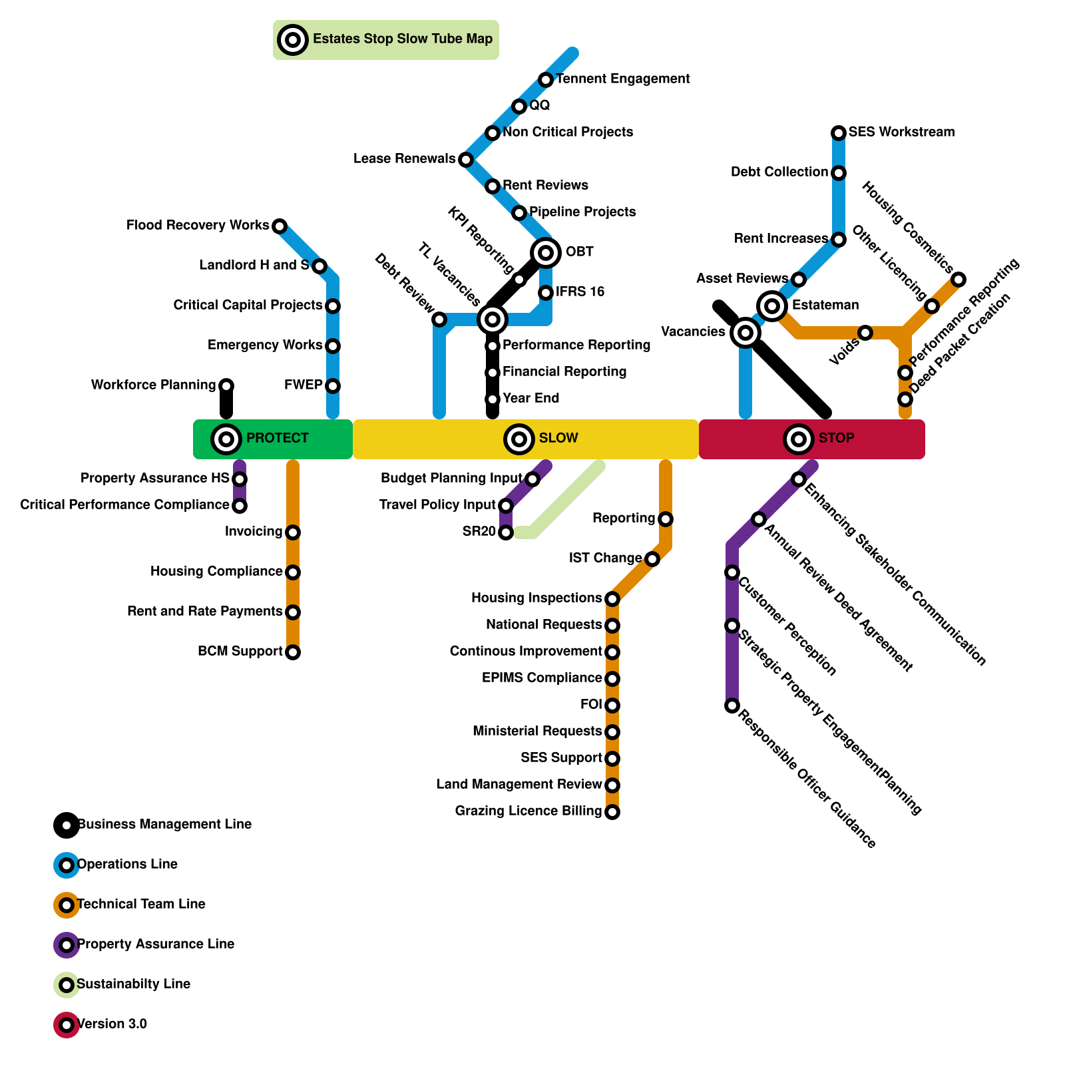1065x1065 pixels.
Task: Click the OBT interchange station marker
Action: tap(546, 252)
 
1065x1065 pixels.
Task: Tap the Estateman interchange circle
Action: tap(772, 306)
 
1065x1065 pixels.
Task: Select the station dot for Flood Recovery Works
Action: tap(280, 226)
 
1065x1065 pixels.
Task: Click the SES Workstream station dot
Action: tap(839, 133)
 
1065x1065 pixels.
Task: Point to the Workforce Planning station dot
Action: tap(226, 385)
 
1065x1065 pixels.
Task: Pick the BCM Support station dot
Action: tap(293, 652)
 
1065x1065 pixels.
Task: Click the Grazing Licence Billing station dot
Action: tap(612, 811)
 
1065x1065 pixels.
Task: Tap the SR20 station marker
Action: tap(506, 532)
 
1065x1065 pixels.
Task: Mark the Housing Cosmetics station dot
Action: tap(958, 280)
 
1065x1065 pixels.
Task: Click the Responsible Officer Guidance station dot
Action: tap(732, 705)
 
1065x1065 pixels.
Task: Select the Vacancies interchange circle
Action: tap(745, 332)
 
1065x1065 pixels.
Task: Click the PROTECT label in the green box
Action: tap(277, 438)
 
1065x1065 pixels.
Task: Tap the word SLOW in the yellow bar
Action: tap(558, 438)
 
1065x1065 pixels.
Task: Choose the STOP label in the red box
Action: tap(836, 438)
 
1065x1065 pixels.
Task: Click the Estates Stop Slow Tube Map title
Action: tap(402, 39)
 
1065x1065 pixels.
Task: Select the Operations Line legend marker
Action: tap(67, 865)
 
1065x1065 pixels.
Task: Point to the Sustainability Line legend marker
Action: tap(67, 984)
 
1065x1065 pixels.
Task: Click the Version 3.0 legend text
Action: tap(112, 1024)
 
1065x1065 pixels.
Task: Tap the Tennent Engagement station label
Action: tap(622, 79)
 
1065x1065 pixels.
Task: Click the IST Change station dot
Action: tap(652, 558)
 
